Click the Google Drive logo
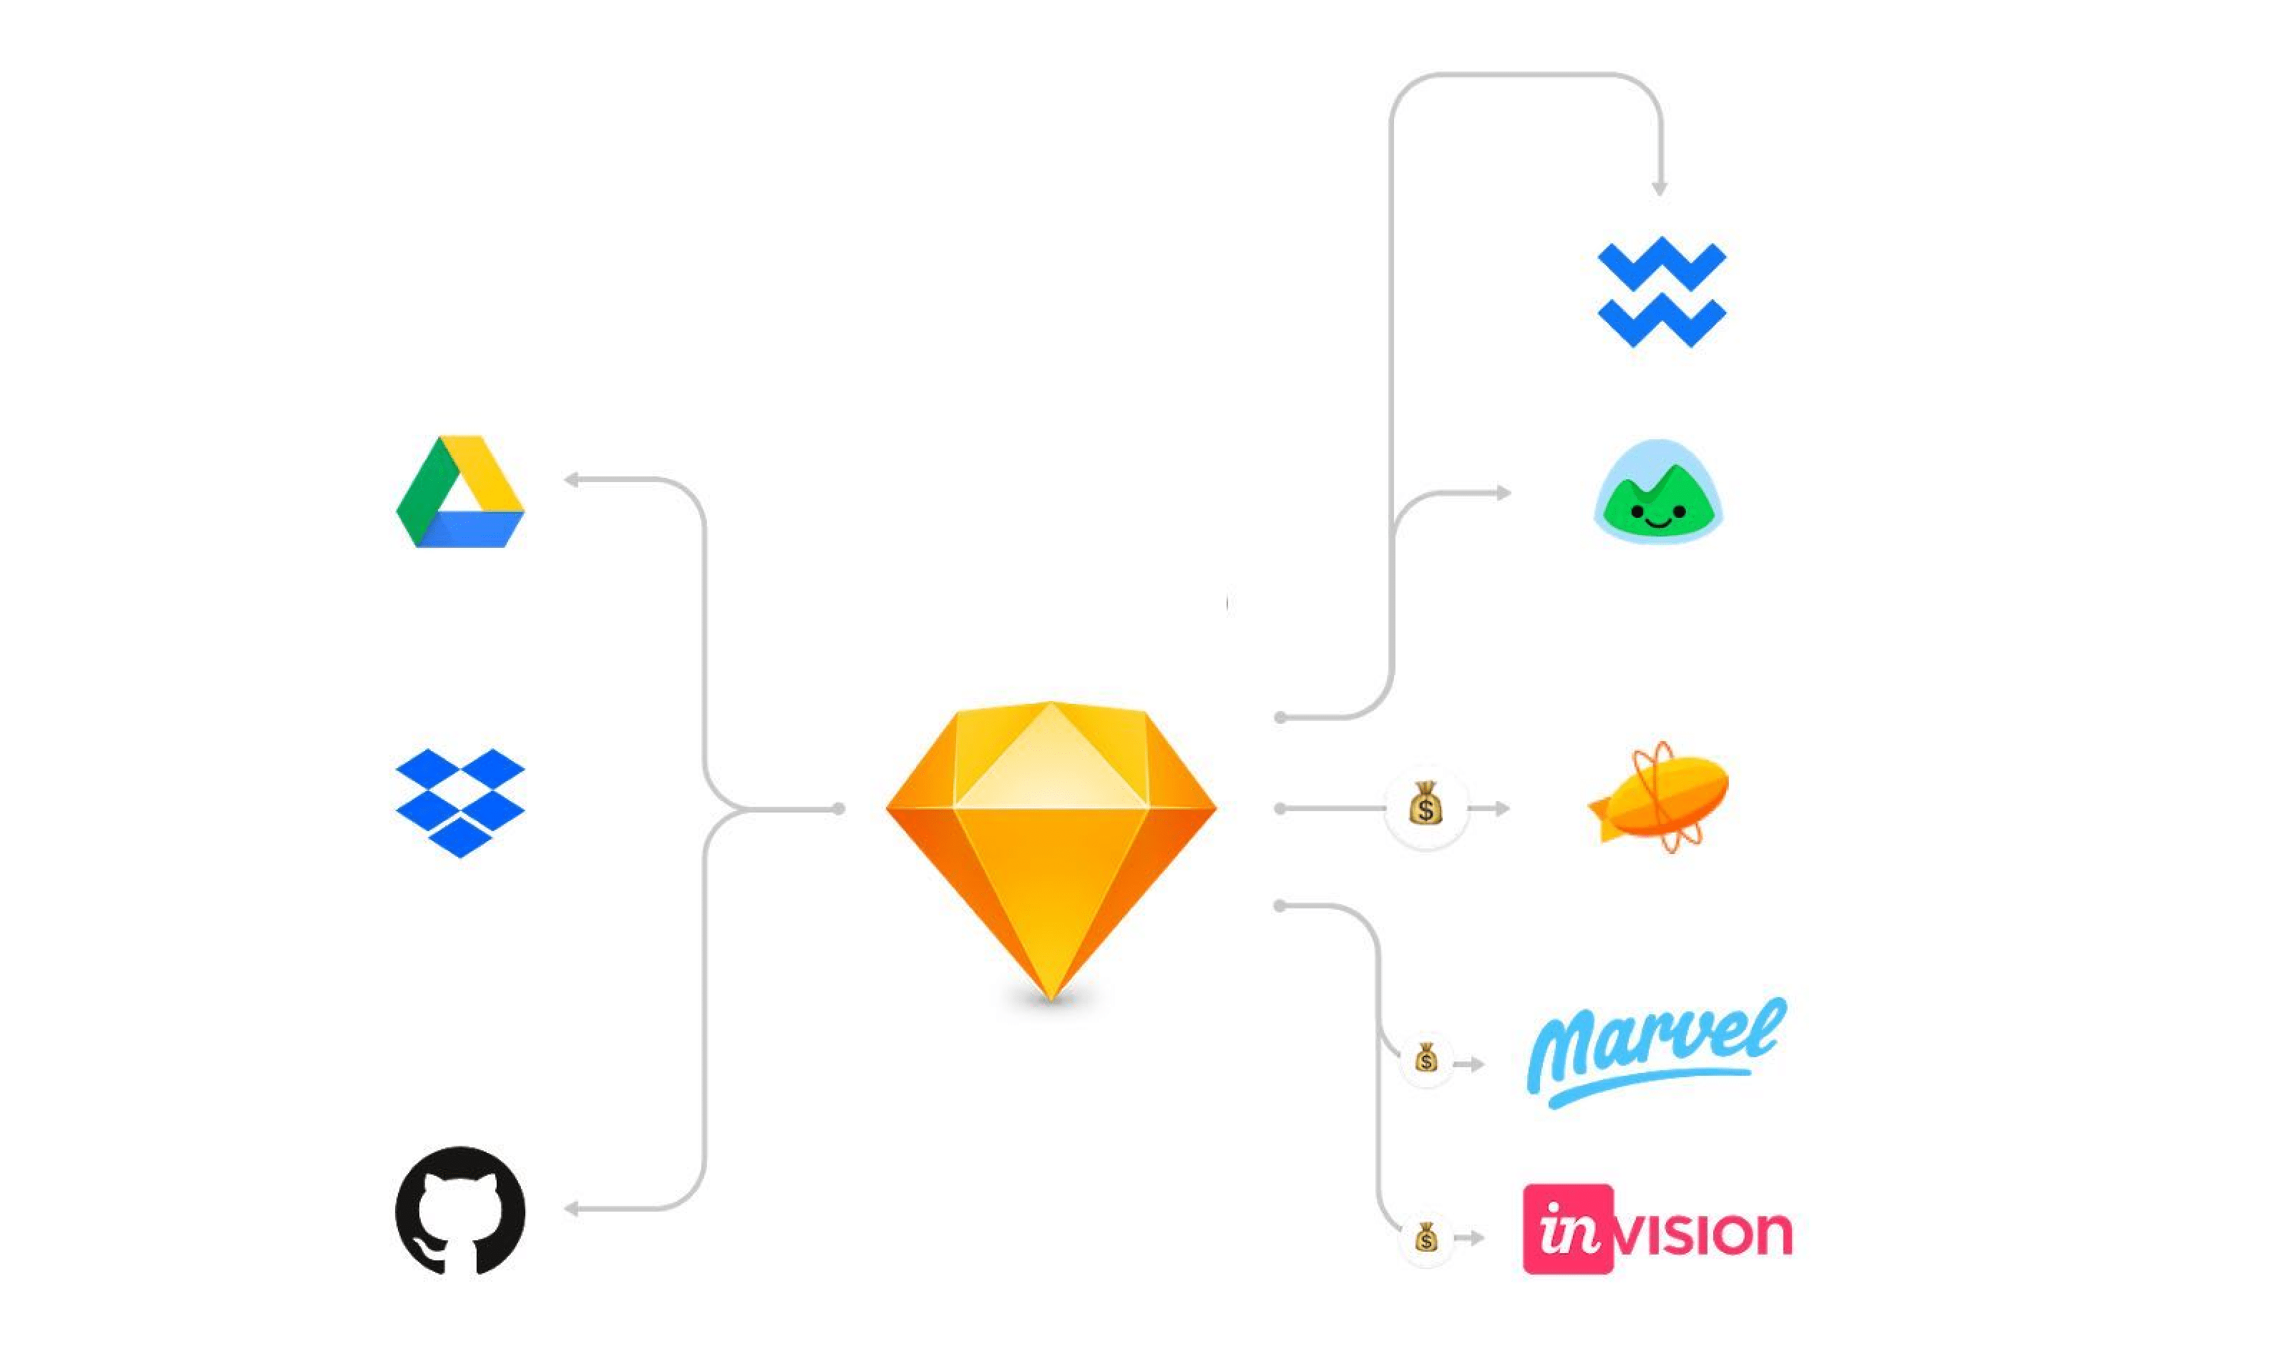coord(460,493)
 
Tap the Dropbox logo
coord(460,803)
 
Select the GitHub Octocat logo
coord(460,1211)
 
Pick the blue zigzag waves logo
coord(1662,292)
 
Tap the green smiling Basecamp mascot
coord(1657,496)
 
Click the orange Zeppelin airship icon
coord(1661,798)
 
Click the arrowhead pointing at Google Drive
coord(570,480)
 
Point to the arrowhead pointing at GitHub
coord(570,1209)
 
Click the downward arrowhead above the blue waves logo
coord(1660,189)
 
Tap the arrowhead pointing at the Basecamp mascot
coord(1504,493)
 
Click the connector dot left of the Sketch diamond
coord(839,808)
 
